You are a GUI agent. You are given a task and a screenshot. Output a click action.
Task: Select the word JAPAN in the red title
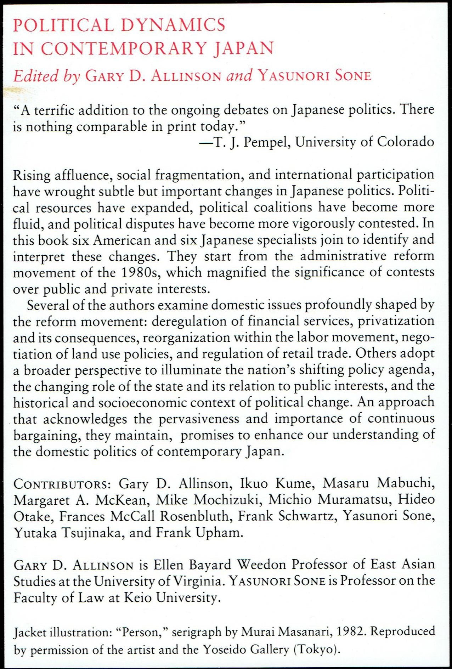tap(244, 49)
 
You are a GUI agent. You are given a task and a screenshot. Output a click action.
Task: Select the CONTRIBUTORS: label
tap(62, 484)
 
